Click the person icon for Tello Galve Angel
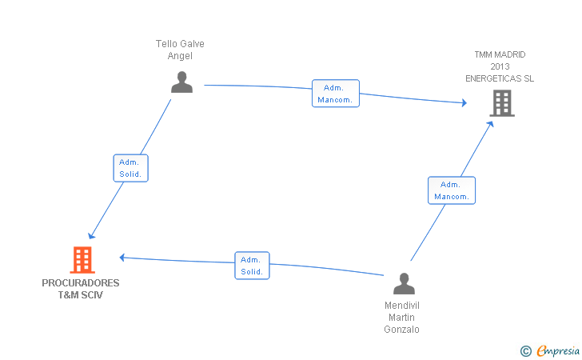coord(182,82)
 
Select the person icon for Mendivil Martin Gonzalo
coord(404,283)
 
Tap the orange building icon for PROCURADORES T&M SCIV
coord(82,260)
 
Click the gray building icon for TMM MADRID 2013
coord(502,103)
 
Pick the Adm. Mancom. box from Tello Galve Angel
coord(336,94)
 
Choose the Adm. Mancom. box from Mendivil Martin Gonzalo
coord(452,190)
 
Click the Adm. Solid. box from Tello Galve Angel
coord(130,168)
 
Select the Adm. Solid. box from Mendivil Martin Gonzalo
coord(252,266)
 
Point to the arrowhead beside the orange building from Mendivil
coord(122,257)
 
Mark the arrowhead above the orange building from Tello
coord(91,236)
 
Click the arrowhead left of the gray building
coord(464,103)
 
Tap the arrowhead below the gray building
coord(490,124)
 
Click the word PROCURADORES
coord(81,283)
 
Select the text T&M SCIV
coord(81,295)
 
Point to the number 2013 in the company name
coord(500,66)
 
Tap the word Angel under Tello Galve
coord(180,56)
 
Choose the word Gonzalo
coord(401,330)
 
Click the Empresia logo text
coord(558,350)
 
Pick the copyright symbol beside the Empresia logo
coord(526,351)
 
